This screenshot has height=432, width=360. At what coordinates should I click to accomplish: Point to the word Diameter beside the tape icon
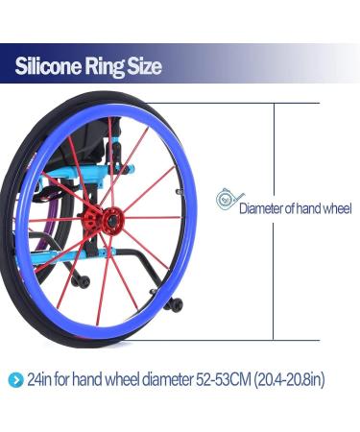262,208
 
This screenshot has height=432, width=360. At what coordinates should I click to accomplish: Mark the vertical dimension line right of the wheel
276,221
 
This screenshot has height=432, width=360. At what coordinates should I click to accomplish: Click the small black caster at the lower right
175,304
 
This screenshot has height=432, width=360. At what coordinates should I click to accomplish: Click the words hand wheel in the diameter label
325,208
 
